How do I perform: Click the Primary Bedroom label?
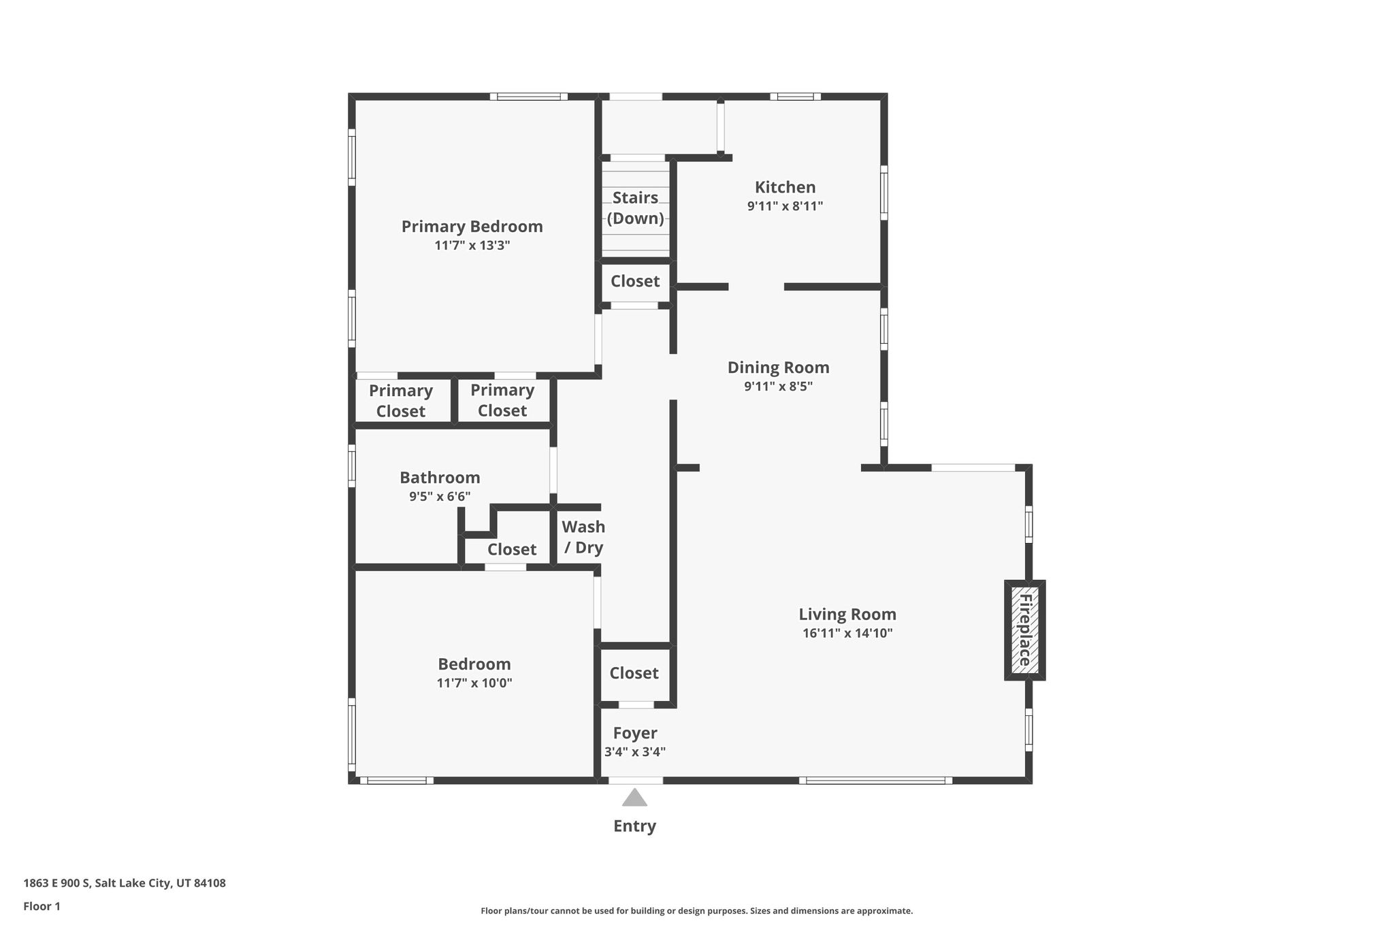coord(472,227)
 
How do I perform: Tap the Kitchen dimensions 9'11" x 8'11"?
coord(785,206)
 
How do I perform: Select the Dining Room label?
coord(778,368)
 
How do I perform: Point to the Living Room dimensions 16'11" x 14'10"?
coord(847,634)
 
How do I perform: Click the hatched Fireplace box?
coord(1024,630)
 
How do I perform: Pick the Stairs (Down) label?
coord(635,208)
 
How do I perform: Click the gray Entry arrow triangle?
coord(634,798)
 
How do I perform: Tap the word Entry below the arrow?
coord(634,826)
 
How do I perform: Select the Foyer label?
coord(635,733)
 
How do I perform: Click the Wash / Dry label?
coord(583,537)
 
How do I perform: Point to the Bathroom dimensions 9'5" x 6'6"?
coord(440,497)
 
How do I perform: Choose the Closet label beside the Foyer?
coord(634,673)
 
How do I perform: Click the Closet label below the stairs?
coord(635,281)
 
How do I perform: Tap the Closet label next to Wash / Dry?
coord(512,549)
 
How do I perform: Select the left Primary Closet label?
coord(401,401)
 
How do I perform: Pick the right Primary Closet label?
coord(502,400)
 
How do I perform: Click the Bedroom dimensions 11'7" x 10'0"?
coord(474,683)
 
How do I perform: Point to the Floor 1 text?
coord(42,907)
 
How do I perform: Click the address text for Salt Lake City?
coord(125,883)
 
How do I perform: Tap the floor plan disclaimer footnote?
coord(697,911)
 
